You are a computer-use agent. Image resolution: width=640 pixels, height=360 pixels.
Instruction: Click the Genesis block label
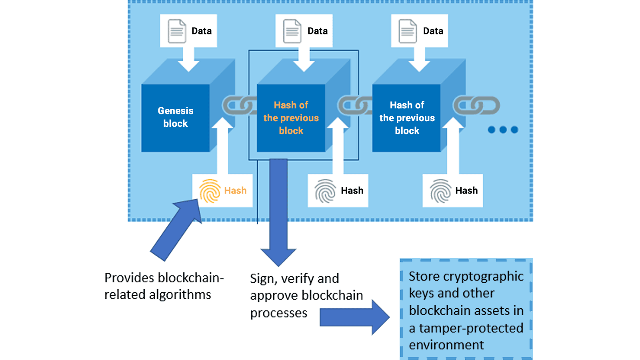coord(175,117)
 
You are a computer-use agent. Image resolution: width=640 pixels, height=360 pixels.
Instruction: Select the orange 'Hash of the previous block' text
coord(291,118)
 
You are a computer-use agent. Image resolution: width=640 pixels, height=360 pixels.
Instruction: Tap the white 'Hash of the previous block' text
coord(407,118)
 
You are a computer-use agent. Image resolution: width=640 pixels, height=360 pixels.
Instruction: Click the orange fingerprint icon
coord(210,191)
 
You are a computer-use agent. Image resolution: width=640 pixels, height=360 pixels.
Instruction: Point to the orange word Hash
coord(235,191)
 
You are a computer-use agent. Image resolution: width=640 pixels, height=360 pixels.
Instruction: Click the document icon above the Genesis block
coord(177,31)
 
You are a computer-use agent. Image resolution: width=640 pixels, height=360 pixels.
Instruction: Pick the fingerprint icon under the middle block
coord(325,191)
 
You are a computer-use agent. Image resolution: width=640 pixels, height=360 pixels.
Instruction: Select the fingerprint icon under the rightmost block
coord(440,191)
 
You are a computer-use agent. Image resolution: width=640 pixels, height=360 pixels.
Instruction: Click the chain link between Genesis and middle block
coord(239,106)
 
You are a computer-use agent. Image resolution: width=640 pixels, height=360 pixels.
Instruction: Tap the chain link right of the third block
coord(476,106)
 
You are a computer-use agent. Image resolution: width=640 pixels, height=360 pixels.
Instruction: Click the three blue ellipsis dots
coord(503,130)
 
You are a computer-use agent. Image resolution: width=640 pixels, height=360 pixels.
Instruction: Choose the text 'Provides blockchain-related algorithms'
coord(164,286)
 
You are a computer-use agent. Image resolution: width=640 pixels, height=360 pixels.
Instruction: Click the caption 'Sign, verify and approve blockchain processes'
coord(306,295)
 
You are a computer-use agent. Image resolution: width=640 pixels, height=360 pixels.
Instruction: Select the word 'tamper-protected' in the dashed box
coord(471,328)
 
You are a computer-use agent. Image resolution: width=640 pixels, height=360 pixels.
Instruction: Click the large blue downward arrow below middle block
coord(278,212)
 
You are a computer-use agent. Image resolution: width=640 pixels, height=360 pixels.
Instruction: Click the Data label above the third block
coord(433,31)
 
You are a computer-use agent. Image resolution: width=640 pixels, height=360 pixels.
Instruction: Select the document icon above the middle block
coord(292,31)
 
